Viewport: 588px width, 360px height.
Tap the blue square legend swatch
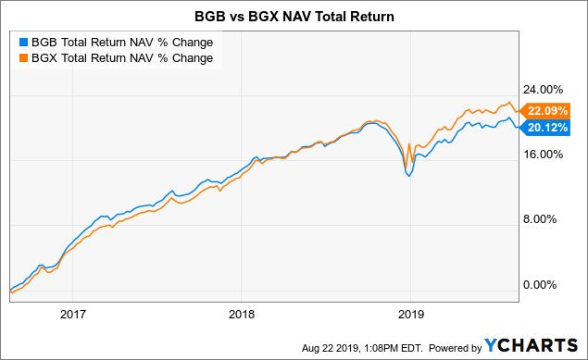click(22, 42)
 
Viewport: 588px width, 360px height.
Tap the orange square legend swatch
click(22, 58)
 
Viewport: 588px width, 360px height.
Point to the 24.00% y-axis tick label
click(544, 90)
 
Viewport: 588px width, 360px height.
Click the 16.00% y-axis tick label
click(544, 155)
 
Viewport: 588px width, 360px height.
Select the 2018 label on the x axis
click(241, 314)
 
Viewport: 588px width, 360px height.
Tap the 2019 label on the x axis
click(411, 314)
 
